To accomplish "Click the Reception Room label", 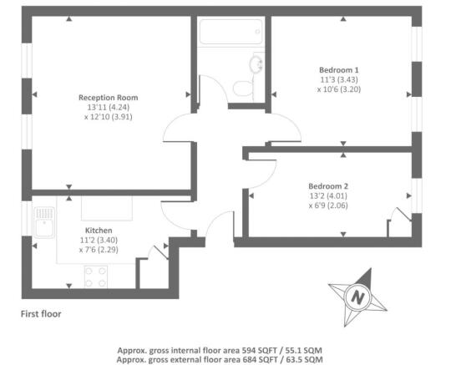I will point(109,97).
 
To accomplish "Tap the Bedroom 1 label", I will point(339,69).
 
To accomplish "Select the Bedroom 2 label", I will point(327,185).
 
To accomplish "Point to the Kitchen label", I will point(99,230).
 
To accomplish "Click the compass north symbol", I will point(358,296).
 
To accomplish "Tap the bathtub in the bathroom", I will point(231,34).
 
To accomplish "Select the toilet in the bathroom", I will point(243,87).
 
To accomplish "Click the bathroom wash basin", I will point(256,64).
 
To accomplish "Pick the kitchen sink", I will point(43,221).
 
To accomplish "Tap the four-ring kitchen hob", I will point(97,275).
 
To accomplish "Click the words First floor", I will point(41,315).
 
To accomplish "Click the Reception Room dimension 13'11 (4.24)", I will point(109,107).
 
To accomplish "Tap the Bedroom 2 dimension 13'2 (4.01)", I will point(327,195).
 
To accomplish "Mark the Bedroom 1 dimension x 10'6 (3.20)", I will point(339,89).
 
